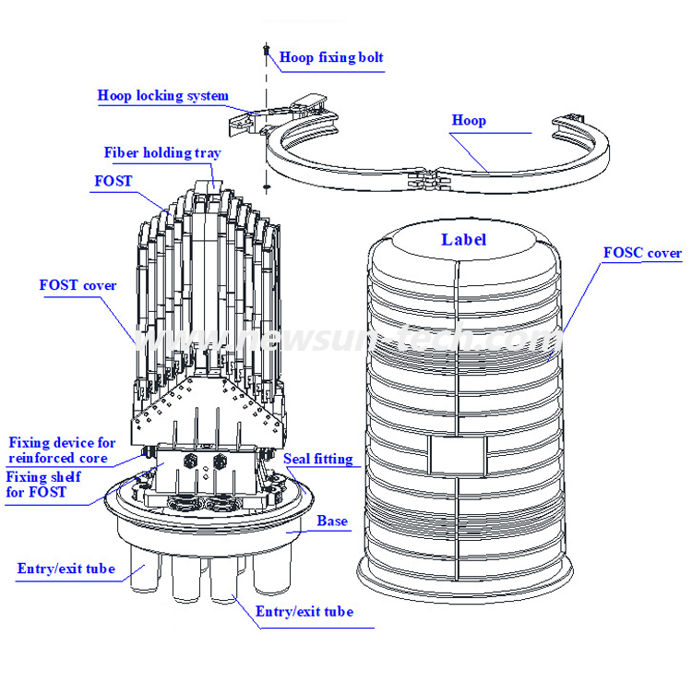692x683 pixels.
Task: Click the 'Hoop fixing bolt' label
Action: tap(331, 57)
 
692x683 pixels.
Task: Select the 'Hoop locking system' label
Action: tap(163, 96)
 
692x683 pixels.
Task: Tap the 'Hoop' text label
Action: tap(469, 120)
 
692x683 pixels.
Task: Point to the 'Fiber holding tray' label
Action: tap(161, 153)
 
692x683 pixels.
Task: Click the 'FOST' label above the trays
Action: tap(113, 181)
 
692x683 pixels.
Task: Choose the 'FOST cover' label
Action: tap(78, 285)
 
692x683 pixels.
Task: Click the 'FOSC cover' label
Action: tap(642, 253)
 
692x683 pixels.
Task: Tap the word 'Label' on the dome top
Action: tap(463, 240)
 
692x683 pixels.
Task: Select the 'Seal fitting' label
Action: tap(317, 458)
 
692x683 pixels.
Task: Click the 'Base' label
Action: tap(332, 521)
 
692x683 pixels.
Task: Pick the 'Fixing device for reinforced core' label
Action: tap(61, 450)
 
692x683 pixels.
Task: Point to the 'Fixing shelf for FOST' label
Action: tap(44, 484)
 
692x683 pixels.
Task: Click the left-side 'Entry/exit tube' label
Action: tap(66, 569)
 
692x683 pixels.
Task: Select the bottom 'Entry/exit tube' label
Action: tap(304, 612)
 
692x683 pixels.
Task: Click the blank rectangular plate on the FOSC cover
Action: tap(457, 452)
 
